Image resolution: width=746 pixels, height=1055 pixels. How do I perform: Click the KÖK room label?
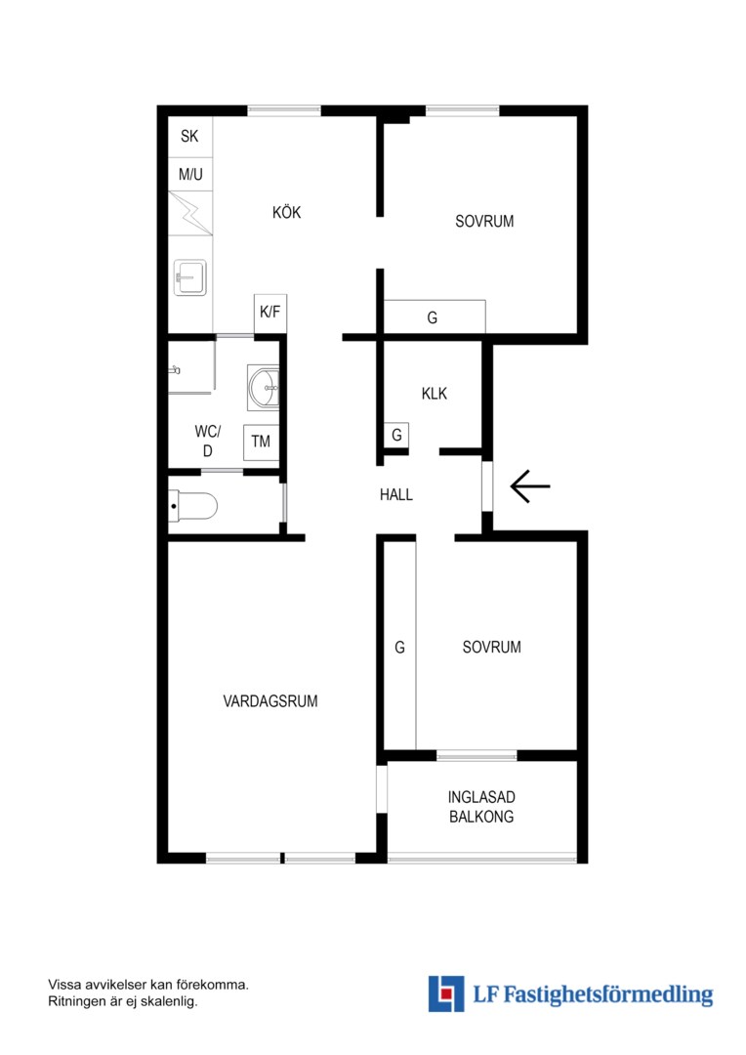tap(286, 213)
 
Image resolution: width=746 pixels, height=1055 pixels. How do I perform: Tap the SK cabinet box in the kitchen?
tap(189, 137)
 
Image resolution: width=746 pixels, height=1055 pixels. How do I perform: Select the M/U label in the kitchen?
tap(190, 175)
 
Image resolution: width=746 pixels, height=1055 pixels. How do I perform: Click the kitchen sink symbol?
tap(189, 277)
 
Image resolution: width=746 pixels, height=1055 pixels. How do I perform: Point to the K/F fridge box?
tap(270, 313)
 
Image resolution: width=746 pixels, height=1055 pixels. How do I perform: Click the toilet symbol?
tap(192, 506)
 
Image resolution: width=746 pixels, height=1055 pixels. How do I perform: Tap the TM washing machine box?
tap(261, 443)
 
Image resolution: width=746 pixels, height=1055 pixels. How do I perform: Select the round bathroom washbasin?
tap(263, 388)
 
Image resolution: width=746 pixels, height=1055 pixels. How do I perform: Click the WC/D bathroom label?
tap(208, 441)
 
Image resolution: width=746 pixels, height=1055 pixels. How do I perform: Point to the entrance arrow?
tap(530, 485)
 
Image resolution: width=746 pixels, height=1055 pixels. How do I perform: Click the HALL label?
tap(396, 495)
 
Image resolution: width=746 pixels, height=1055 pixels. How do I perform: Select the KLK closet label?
tap(435, 394)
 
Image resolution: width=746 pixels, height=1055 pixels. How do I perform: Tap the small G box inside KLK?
tap(396, 436)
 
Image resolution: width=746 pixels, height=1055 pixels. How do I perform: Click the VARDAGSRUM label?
tap(270, 701)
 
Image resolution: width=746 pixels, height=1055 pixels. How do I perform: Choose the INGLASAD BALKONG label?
tap(481, 807)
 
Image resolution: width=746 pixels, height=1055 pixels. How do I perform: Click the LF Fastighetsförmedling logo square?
tap(446, 993)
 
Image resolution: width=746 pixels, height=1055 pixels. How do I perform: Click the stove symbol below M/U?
tap(189, 213)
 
